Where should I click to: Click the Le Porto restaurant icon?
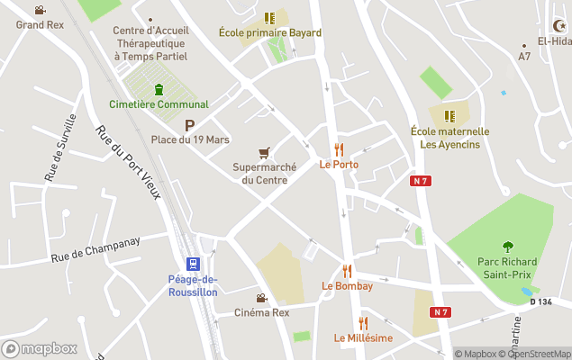[339, 149]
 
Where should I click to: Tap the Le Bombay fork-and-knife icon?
[347, 271]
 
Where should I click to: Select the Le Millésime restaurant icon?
[363, 323]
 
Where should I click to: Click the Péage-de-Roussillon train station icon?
[192, 264]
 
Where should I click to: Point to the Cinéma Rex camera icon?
[261, 298]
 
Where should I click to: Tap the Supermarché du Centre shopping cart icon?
[264, 152]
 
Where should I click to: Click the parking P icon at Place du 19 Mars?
[189, 125]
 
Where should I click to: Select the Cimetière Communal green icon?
[159, 89]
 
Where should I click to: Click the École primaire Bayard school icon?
[269, 17]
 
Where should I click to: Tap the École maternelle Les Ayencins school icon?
[449, 115]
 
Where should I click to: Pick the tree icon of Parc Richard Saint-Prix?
[507, 245]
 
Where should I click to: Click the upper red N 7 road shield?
[418, 181]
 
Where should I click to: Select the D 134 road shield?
[540, 301]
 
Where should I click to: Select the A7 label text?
[524, 57]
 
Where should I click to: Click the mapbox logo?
[40, 348]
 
